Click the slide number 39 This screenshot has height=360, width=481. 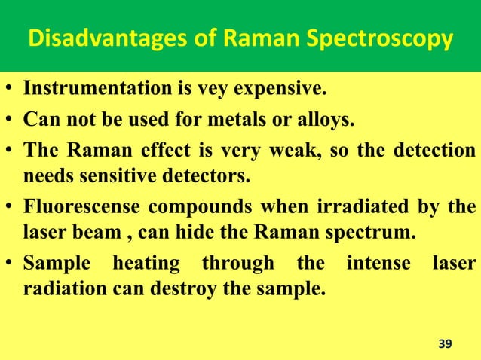[x=446, y=343]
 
